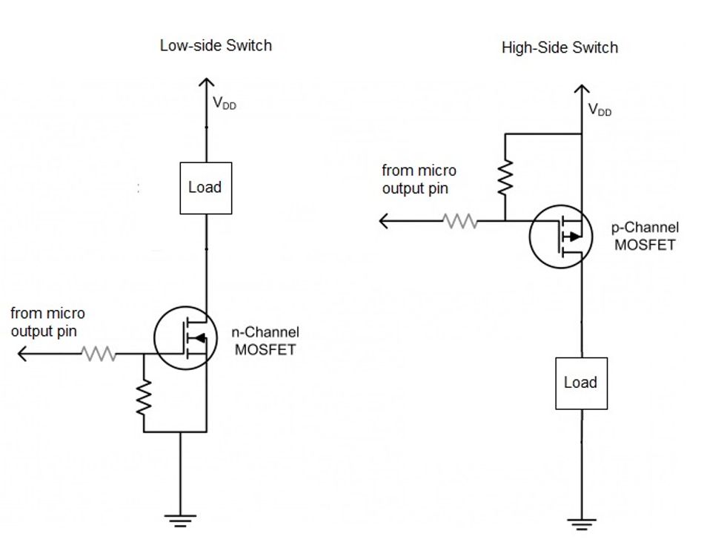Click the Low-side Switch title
point(216,45)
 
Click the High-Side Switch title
point(559,48)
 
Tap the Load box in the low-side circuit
point(205,188)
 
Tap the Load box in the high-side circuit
point(581,383)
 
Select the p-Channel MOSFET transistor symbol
point(561,237)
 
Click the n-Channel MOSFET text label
point(266,341)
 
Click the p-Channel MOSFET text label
point(645,236)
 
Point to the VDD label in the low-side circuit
point(225,104)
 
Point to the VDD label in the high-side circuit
point(600,110)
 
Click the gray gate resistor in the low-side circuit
point(99,354)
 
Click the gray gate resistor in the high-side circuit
point(460,221)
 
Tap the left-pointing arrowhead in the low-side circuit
point(22,354)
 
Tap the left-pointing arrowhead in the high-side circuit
point(385,221)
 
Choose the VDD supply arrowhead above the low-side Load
point(206,85)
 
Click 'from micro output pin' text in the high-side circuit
point(419,180)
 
